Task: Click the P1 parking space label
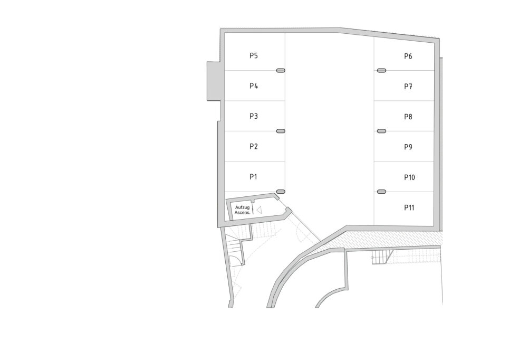tap(253, 177)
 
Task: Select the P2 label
tap(254, 147)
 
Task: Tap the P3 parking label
tap(254, 116)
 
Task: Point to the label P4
tap(254, 86)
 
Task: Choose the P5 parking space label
tap(254, 55)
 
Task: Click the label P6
tap(408, 56)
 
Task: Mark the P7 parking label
tap(408, 87)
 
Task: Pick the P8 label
tap(408, 117)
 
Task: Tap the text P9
tap(408, 147)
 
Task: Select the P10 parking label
tap(409, 177)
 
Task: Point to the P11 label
tap(409, 207)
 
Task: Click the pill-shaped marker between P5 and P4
tap(281, 71)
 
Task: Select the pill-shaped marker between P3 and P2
tap(281, 131)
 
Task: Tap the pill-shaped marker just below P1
tap(281, 192)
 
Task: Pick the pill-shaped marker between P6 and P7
tap(381, 71)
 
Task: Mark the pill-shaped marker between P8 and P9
tap(381, 131)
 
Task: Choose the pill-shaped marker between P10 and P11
tap(381, 192)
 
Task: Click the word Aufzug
tap(243, 207)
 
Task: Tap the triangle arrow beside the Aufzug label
tap(259, 210)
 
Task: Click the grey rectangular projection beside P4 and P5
tap(214, 81)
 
